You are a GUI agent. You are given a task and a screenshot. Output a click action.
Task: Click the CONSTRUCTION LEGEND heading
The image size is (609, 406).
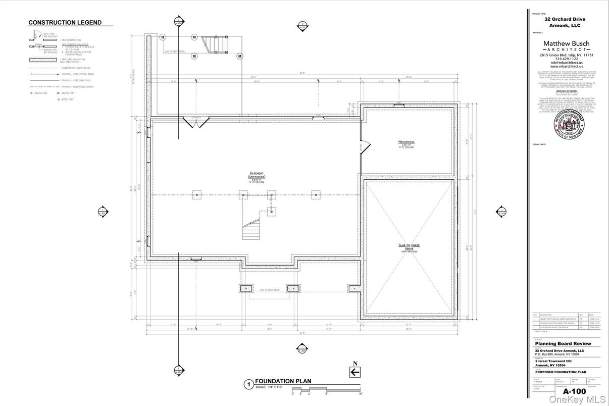(65, 23)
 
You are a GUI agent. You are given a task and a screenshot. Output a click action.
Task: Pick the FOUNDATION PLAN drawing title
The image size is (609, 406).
(283, 381)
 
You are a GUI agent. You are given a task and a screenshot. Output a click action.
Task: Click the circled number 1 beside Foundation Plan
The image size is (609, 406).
(248, 384)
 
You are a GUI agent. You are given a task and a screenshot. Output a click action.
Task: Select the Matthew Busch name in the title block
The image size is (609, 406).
(566, 44)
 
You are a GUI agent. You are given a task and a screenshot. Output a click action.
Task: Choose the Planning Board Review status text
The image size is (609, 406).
(563, 344)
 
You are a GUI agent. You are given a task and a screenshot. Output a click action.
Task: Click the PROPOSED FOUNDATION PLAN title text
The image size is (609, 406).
(561, 373)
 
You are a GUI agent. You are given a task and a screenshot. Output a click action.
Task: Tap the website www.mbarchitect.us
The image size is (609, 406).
(566, 66)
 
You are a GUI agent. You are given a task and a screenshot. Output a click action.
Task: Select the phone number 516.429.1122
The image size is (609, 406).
(566, 59)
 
